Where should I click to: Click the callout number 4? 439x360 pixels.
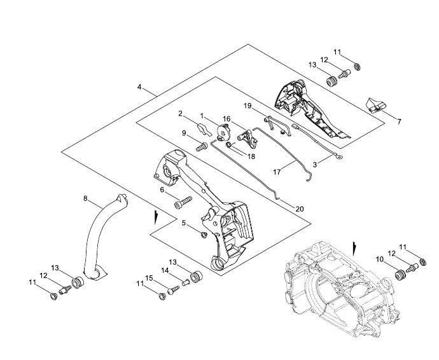(x=139, y=87)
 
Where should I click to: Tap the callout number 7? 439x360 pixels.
(x=399, y=121)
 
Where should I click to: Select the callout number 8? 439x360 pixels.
(x=85, y=198)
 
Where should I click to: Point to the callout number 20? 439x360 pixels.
(x=299, y=209)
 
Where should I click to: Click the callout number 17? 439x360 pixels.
(x=277, y=172)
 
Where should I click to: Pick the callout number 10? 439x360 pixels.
(x=379, y=260)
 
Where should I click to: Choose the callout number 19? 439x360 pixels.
(x=247, y=106)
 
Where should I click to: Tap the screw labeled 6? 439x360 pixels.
(x=183, y=202)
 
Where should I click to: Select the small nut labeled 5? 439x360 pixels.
(x=204, y=234)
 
